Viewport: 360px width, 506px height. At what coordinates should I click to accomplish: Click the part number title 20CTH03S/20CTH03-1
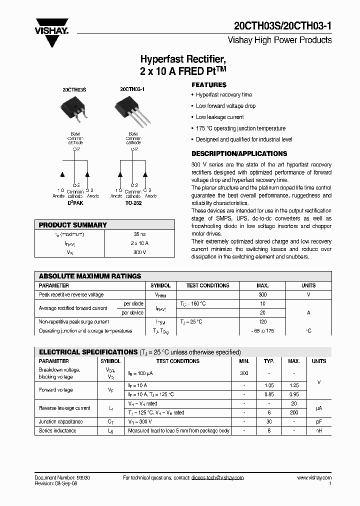(283, 27)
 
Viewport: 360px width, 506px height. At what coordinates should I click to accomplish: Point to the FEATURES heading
(209, 85)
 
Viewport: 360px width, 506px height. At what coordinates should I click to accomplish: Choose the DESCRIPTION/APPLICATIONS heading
(239, 153)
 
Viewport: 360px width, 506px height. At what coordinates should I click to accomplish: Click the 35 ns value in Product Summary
(139, 234)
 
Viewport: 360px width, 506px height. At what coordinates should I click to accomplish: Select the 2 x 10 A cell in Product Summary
(139, 243)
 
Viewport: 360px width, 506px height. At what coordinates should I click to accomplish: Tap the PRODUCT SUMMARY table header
(73, 225)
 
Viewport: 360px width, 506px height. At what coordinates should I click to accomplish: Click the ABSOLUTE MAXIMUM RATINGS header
(90, 276)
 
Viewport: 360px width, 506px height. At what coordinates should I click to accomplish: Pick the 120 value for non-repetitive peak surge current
(262, 321)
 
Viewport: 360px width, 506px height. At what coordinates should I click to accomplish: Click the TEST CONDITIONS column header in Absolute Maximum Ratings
(207, 285)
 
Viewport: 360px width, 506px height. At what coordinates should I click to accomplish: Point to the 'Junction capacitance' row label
(61, 421)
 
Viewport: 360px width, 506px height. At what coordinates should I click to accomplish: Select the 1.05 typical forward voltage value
(269, 385)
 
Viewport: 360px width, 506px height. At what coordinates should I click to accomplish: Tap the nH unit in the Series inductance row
(318, 430)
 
